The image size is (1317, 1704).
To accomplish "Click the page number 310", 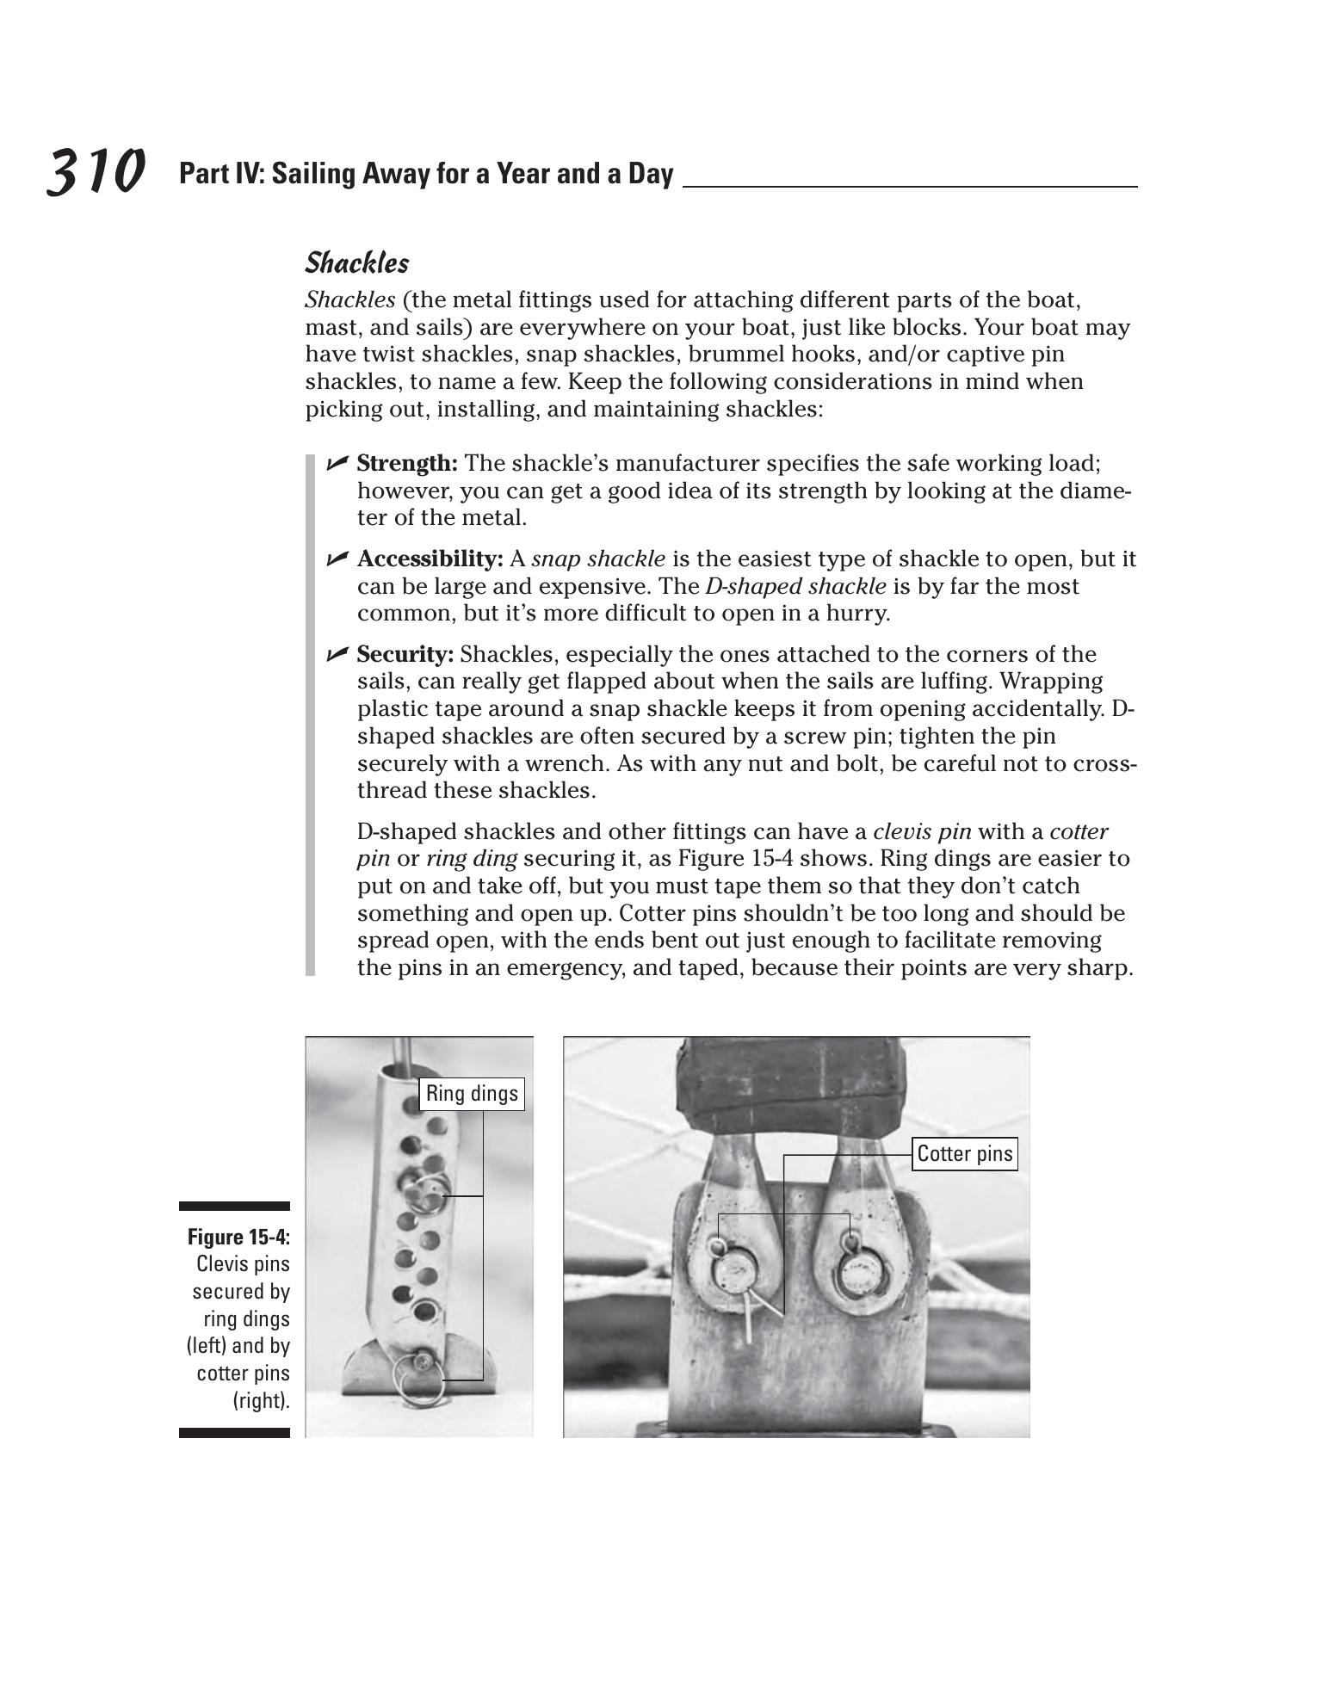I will [95, 171].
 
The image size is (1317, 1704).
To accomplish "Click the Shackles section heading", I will [356, 263].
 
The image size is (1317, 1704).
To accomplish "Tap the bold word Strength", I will [406, 464].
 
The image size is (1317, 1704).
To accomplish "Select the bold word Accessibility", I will [430, 559].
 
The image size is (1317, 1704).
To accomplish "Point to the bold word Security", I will [405, 655].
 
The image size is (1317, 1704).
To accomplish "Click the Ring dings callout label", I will [472, 1094].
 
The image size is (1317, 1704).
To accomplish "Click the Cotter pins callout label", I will [964, 1154].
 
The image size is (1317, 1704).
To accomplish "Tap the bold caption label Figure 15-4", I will [238, 1238].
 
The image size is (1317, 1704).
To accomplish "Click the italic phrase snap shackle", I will [598, 559].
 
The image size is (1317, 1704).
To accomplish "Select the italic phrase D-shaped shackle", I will [795, 587].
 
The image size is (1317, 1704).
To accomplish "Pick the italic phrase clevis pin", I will [922, 832].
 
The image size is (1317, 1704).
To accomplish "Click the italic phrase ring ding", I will [471, 859].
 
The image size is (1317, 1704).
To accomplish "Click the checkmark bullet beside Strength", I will [337, 464].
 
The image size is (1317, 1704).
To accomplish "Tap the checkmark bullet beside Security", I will [337, 655].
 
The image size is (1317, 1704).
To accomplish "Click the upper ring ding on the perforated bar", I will [425, 1192].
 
